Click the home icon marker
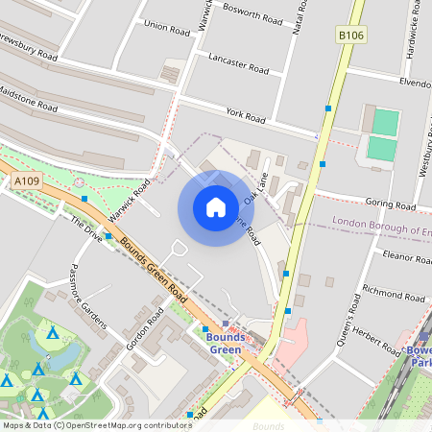coord(216,206)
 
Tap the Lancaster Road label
coord(238,62)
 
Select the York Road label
coord(245,115)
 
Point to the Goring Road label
coord(392,204)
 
